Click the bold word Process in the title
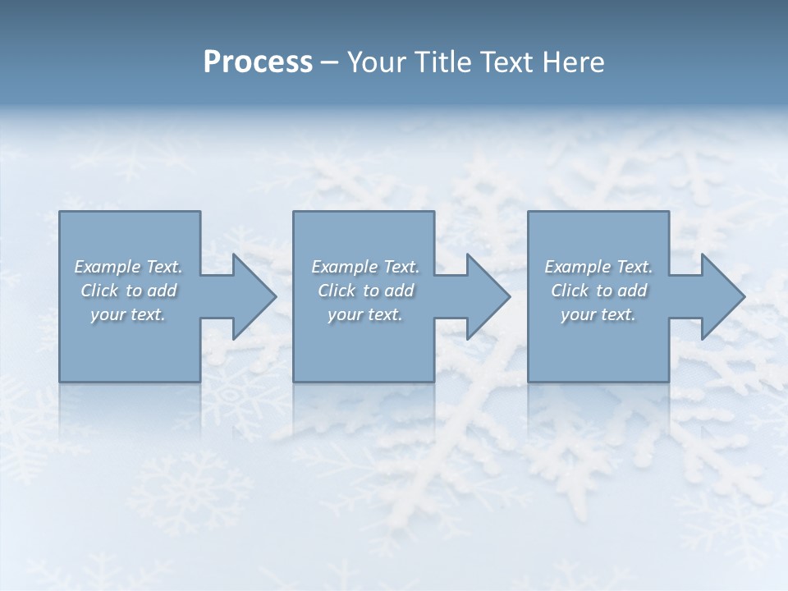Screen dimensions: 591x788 point(258,62)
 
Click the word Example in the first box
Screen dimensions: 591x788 point(107,267)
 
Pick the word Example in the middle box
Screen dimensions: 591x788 point(344,267)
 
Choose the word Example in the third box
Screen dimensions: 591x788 point(577,267)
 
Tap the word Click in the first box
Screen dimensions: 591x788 point(99,291)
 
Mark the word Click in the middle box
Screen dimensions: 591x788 point(337,291)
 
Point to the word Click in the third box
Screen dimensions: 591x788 point(570,291)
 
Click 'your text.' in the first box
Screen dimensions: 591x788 point(128,314)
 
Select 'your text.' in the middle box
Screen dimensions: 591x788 point(365,314)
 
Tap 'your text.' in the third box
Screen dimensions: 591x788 point(598,314)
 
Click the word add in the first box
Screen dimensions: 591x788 point(163,291)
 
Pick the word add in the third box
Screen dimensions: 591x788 point(633,291)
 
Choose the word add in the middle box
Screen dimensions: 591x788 point(400,291)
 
